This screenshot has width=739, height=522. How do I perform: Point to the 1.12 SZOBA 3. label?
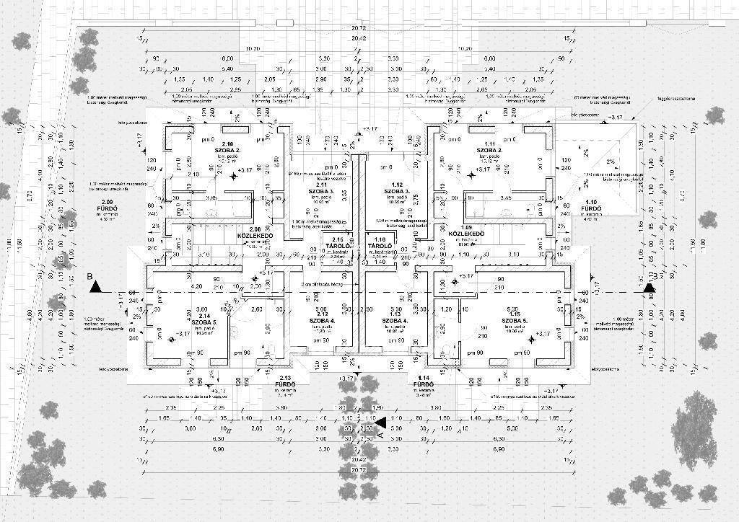[397, 190]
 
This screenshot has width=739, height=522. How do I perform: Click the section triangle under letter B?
[95, 287]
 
